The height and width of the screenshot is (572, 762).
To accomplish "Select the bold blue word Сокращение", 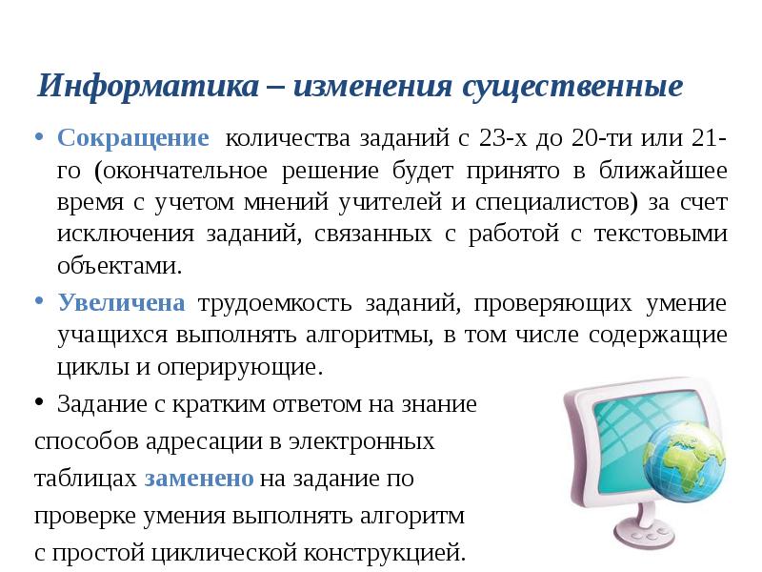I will coord(133,137).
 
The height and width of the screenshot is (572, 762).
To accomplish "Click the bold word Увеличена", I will coord(121,303).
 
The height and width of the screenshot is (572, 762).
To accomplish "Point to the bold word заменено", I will coord(198,479).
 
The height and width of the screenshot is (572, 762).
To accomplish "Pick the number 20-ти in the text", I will coord(603,137).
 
